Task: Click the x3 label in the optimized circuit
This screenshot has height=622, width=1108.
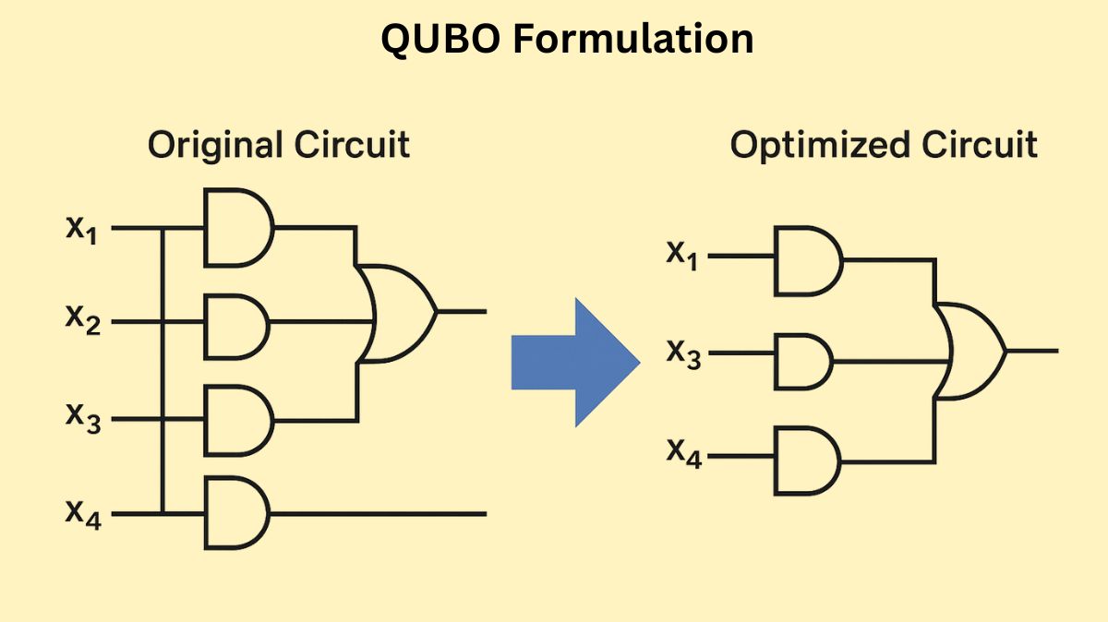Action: pos(682,354)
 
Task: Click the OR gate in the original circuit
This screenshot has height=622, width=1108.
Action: pos(398,312)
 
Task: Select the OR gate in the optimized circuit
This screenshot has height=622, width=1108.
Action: pos(969,351)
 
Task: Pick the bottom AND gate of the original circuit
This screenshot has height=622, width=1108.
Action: pos(235,512)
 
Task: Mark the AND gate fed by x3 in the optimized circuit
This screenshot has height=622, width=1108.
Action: pos(802,361)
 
